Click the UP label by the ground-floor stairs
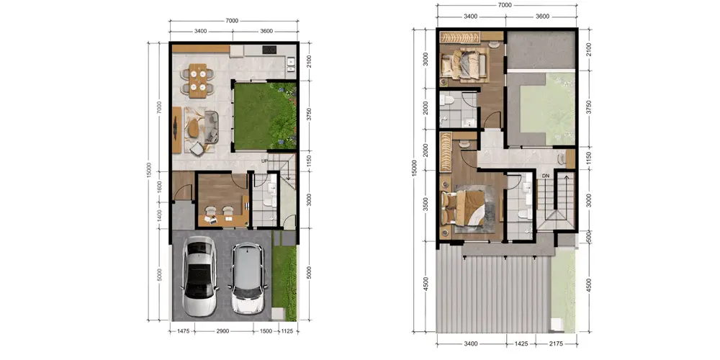click(264, 161)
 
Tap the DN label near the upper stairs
click(546, 176)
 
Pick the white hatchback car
click(248, 278)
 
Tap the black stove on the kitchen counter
click(269, 50)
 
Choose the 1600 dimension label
click(159, 186)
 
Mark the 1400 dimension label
click(159, 215)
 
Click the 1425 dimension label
click(521, 343)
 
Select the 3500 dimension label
click(426, 204)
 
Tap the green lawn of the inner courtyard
click(264, 116)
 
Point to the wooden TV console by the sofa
click(177, 130)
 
